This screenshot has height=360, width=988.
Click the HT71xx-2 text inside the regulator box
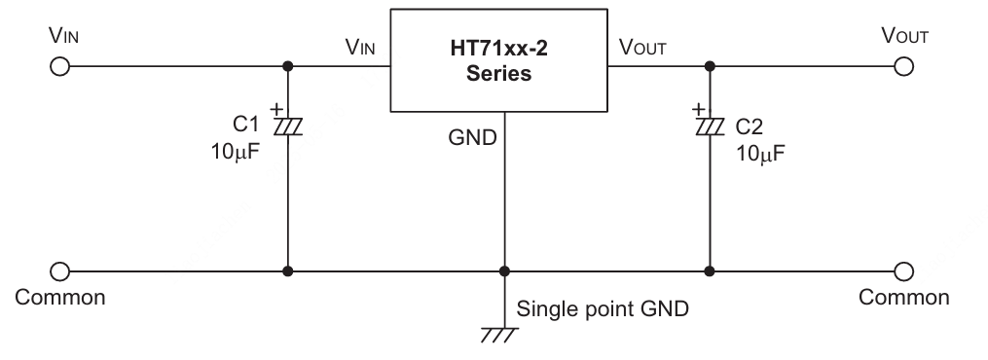pyautogui.click(x=497, y=49)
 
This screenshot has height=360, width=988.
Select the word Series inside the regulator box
pyautogui.click(x=497, y=74)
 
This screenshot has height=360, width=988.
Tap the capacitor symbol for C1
pyautogui.click(x=287, y=125)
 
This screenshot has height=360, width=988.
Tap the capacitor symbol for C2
pyautogui.click(x=710, y=125)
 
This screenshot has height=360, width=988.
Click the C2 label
pyautogui.click(x=750, y=126)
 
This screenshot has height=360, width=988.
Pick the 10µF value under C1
pyautogui.click(x=235, y=153)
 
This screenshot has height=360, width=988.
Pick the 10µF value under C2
pyautogui.click(x=761, y=153)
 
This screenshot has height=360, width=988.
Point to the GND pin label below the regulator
pyautogui.click(x=472, y=137)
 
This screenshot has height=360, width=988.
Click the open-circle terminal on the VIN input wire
pyautogui.click(x=59, y=66)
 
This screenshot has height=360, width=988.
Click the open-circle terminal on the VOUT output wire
pyautogui.click(x=904, y=66)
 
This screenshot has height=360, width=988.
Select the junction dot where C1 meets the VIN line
pyautogui.click(x=287, y=66)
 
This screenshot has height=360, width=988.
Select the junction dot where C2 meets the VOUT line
pyautogui.click(x=710, y=66)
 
